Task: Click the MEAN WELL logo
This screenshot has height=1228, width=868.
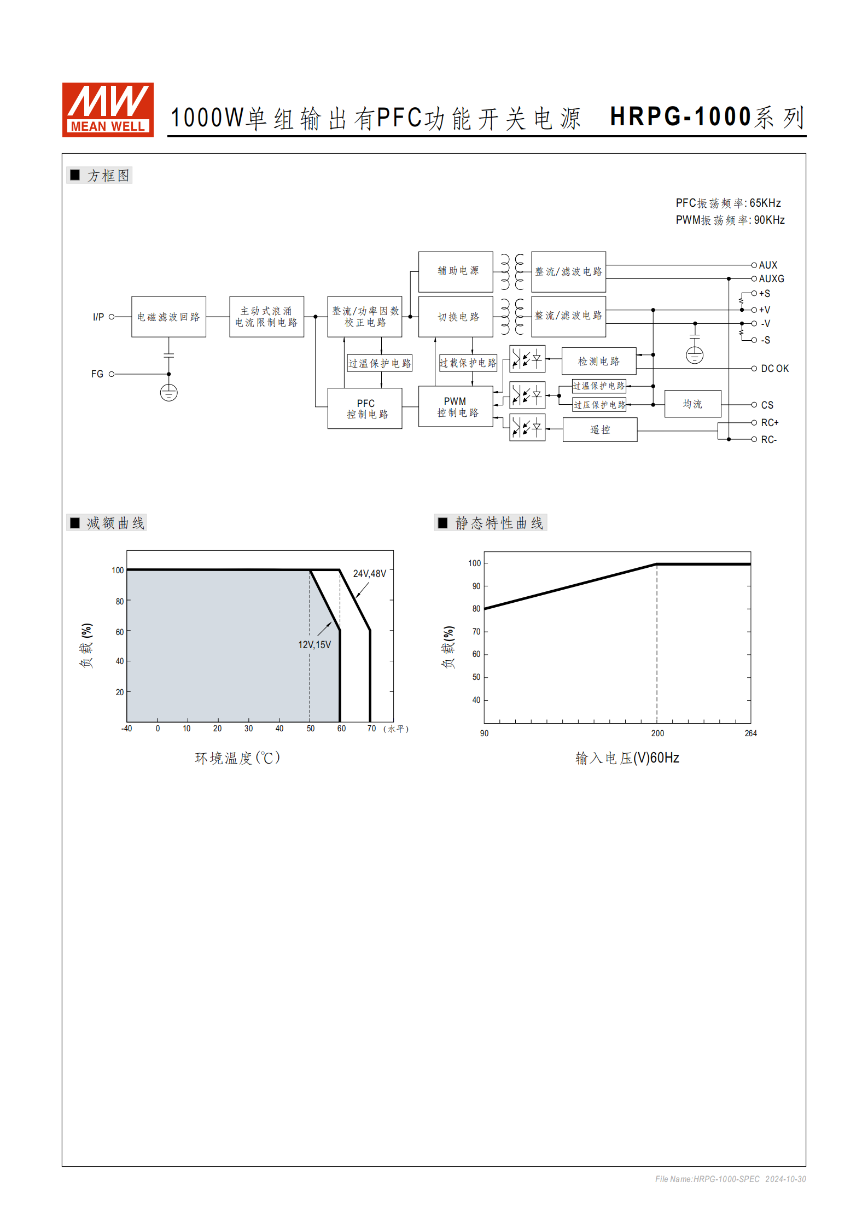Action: click(108, 109)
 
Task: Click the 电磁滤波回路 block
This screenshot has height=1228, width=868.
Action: click(168, 317)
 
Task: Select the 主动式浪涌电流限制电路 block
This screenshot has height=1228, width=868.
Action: click(266, 317)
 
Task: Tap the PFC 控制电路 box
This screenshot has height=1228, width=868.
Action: click(365, 409)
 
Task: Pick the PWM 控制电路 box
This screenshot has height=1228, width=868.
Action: click(456, 407)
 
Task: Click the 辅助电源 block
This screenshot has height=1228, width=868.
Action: click(456, 271)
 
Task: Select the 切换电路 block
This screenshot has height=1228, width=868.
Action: click(456, 317)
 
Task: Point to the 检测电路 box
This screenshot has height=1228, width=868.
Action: click(599, 361)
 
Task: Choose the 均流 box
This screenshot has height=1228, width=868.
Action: click(692, 404)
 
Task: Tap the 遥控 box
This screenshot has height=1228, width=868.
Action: click(599, 430)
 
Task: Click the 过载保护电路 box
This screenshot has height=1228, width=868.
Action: click(468, 363)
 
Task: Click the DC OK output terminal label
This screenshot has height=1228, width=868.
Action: click(774, 369)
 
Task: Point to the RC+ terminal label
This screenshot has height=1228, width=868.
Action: click(770, 423)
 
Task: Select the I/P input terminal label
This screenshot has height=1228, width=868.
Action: click(98, 317)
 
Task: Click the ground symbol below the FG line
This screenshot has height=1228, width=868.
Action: click(168, 393)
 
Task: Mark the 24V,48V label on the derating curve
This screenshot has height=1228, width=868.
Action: click(369, 574)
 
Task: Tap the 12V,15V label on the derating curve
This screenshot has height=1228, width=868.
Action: click(314, 645)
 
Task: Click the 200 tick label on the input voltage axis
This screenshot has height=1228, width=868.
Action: click(657, 734)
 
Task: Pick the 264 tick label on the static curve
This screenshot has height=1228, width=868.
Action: click(750, 734)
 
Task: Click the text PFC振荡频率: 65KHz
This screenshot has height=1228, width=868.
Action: click(728, 203)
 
